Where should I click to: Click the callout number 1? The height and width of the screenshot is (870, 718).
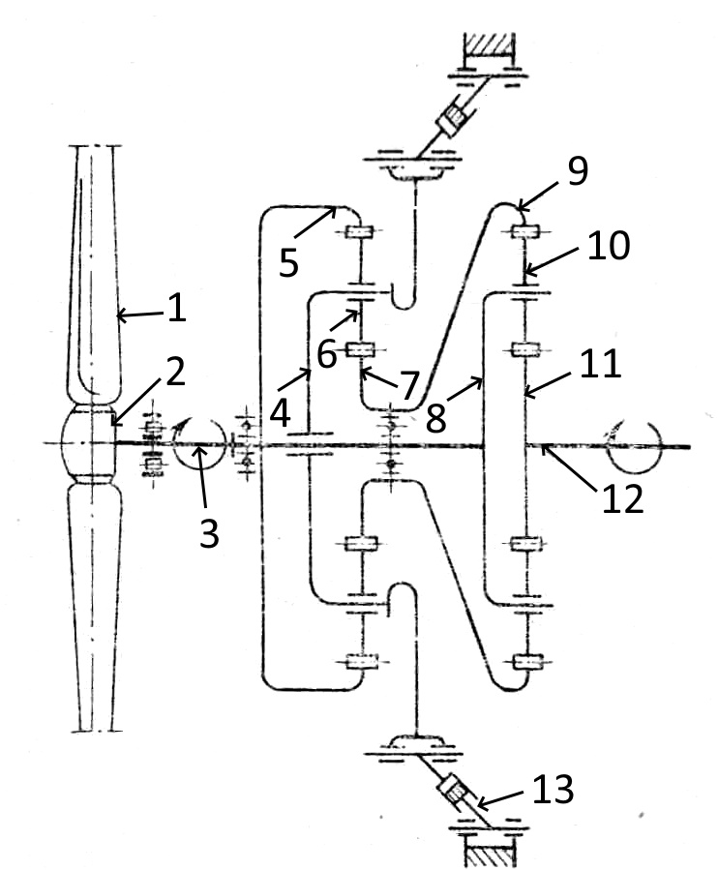[176, 308]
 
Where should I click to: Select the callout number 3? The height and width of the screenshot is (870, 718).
[209, 534]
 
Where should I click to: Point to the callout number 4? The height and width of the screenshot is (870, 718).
[281, 413]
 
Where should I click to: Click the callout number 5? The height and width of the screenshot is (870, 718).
[288, 262]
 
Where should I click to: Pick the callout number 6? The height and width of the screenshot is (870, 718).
[327, 353]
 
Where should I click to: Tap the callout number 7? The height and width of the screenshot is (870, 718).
[409, 385]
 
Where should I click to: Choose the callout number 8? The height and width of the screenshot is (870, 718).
[436, 419]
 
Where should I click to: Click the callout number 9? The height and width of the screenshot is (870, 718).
[578, 171]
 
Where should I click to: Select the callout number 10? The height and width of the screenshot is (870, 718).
[609, 245]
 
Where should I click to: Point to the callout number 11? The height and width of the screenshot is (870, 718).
[599, 364]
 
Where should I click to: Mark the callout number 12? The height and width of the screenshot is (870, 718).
[622, 498]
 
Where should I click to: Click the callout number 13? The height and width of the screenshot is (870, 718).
[553, 790]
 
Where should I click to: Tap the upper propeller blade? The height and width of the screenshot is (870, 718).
[94, 272]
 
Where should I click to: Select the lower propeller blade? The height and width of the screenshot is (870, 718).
[94, 608]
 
